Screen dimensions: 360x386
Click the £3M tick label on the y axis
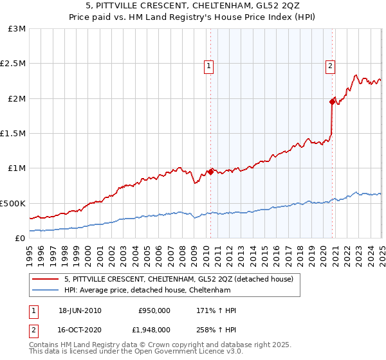click(x=17, y=29)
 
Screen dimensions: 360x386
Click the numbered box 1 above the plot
click(x=210, y=64)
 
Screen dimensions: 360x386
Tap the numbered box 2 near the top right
click(x=330, y=64)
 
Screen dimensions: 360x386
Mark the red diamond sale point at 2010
click(x=210, y=172)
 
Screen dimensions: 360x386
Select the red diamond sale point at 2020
click(x=332, y=102)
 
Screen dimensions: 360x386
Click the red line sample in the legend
click(x=46, y=278)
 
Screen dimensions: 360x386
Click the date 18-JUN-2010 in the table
click(x=80, y=310)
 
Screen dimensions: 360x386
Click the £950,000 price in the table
click(x=154, y=310)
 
